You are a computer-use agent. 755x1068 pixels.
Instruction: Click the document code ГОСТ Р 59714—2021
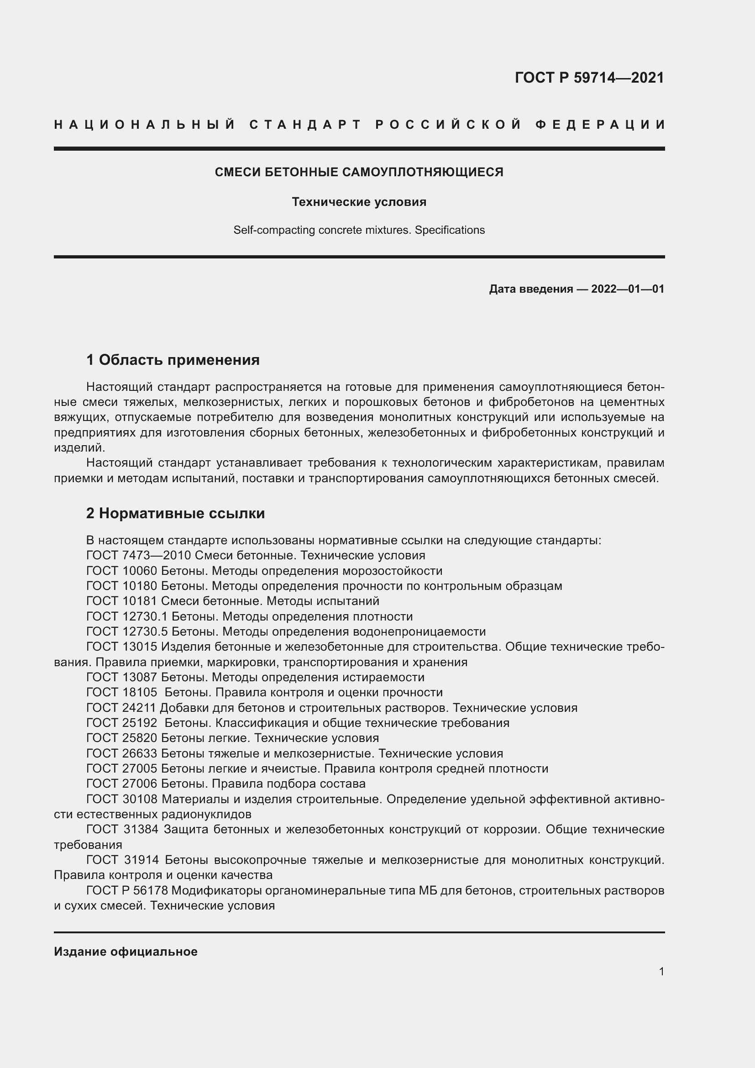tap(589, 77)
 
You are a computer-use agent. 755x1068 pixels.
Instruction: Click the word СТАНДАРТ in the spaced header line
tap(305, 125)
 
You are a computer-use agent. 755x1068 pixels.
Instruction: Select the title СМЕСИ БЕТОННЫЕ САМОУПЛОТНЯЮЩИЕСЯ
tap(359, 172)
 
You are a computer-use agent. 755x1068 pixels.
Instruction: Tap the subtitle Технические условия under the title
tap(359, 202)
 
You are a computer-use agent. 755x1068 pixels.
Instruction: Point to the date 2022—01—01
tap(628, 289)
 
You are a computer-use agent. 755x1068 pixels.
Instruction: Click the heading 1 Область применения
tap(173, 359)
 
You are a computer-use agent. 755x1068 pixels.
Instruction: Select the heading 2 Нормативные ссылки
tap(175, 513)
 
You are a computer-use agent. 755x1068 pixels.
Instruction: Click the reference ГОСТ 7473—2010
tap(139, 555)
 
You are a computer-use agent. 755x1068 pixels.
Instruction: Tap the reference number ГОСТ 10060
tap(122, 571)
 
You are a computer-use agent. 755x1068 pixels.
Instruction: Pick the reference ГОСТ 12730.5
tap(127, 631)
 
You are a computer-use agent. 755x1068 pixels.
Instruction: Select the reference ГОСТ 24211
tap(121, 708)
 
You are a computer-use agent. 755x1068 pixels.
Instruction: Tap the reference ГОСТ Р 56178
tap(127, 891)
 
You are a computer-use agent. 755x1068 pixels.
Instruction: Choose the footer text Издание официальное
tap(126, 951)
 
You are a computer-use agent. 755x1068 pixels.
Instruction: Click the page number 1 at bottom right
tap(661, 971)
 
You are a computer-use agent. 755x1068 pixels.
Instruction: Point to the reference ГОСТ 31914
tap(122, 860)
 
